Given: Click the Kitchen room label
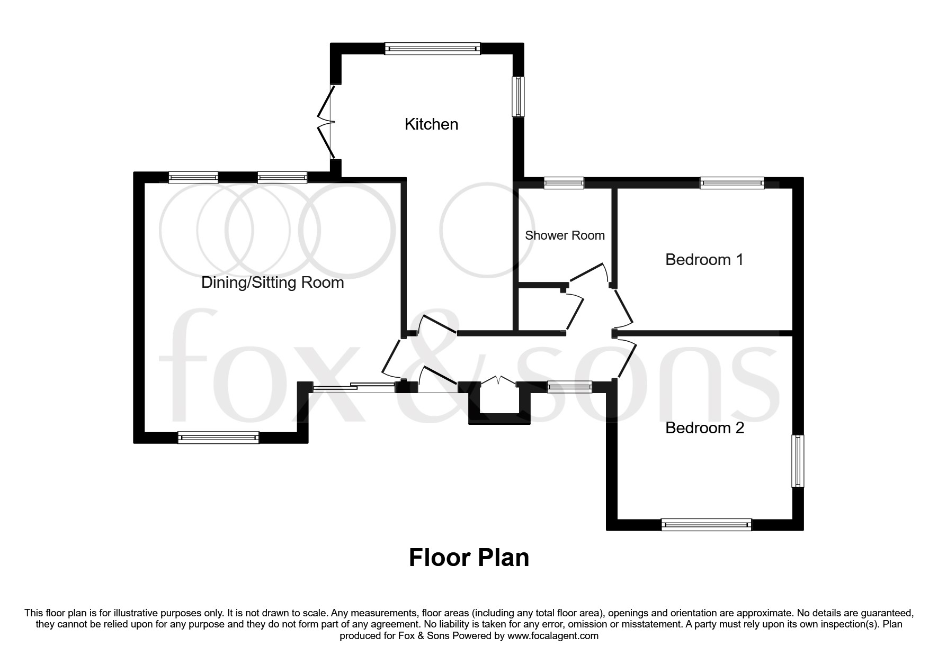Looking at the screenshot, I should click(x=431, y=124).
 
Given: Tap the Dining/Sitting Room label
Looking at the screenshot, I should click(x=272, y=283).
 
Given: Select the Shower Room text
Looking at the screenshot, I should click(x=565, y=235).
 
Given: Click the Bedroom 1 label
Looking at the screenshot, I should click(x=704, y=260).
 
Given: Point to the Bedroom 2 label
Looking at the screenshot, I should click(x=704, y=427).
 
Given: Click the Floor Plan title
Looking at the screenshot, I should click(x=469, y=558).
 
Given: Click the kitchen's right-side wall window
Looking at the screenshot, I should click(x=517, y=96).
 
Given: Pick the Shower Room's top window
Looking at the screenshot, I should click(x=564, y=184).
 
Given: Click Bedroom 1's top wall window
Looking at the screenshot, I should click(x=732, y=184).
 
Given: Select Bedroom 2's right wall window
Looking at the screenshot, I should click(x=798, y=461).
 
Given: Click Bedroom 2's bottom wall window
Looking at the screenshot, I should click(x=706, y=525).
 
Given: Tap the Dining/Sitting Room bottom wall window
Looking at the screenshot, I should click(x=218, y=437).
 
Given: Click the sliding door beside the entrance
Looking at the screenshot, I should click(x=354, y=387).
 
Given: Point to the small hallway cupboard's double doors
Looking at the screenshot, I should click(x=497, y=381).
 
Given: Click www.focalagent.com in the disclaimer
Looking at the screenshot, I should click(x=552, y=636).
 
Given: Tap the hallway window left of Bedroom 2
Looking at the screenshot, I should click(x=569, y=387).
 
